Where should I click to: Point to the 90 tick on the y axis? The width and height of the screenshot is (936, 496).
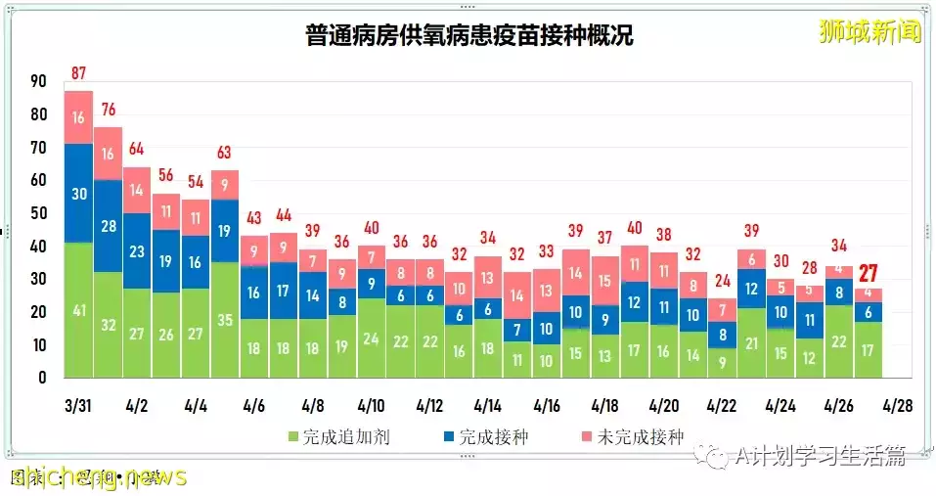point(39,82)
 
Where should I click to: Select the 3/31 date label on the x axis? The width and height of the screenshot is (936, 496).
point(79,405)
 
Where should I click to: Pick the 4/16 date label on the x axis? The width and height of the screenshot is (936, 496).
point(547,405)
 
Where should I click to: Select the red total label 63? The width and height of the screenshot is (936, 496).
point(225,153)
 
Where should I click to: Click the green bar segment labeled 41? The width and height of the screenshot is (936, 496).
point(79,310)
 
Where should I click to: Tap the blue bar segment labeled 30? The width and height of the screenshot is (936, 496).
point(79,193)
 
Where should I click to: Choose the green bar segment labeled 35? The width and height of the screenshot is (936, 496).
point(225,320)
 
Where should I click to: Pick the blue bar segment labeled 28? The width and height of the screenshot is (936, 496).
point(109,226)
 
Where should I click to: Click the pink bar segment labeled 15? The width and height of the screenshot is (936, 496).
point(605,282)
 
